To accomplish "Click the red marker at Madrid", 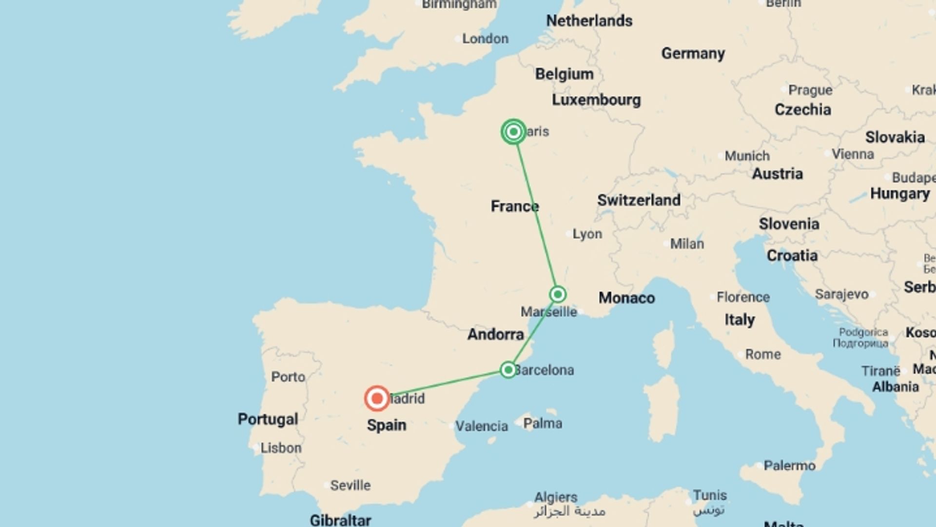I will (377, 399).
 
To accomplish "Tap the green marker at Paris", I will (513, 132).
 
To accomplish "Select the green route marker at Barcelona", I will (508, 370).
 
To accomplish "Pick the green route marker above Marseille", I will (558, 294).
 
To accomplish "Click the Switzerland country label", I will (639, 200).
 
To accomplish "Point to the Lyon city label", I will (587, 234).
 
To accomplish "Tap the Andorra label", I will (495, 334).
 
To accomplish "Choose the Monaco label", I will (626, 298).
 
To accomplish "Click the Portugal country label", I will (268, 419).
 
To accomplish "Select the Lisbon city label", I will (281, 448).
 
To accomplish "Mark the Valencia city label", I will (481, 426).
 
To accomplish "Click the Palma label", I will (543, 423).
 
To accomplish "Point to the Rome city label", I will (762, 354).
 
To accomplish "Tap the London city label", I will (485, 39).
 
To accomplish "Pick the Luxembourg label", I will (596, 100).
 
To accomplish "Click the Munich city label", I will (747, 156).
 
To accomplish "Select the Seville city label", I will (350, 486).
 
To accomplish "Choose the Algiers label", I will (556, 497).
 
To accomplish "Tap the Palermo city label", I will (789, 466).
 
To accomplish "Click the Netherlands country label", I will (589, 21).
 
